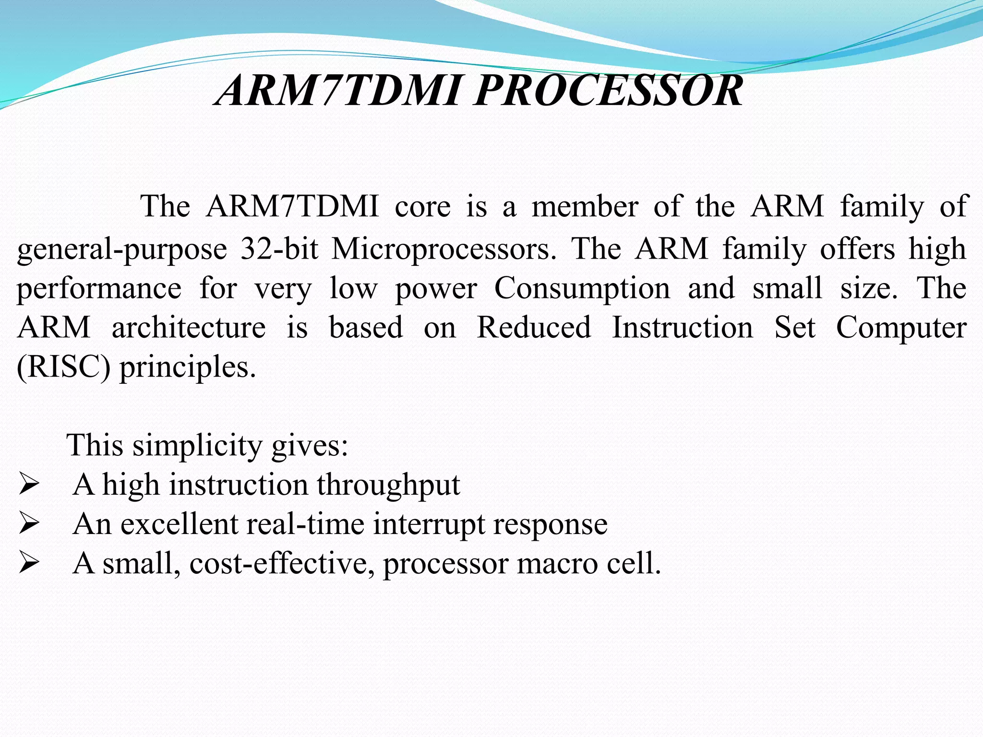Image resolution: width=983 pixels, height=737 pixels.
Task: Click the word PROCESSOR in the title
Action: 608,91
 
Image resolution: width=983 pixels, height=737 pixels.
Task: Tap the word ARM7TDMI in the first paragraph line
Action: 292,207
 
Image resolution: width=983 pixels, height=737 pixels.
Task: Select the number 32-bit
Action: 279,249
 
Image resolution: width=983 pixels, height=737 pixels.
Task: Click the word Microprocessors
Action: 444,249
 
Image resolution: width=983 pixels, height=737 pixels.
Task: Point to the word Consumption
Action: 582,288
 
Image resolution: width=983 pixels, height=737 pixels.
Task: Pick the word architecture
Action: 189,328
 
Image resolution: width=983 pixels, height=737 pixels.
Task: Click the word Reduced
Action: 534,328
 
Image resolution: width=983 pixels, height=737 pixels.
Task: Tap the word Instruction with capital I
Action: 682,328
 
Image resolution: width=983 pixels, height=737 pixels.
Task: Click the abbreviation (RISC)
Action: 64,367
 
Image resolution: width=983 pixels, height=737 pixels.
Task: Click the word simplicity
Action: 197,446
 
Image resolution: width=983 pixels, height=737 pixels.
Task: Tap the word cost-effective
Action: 282,563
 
